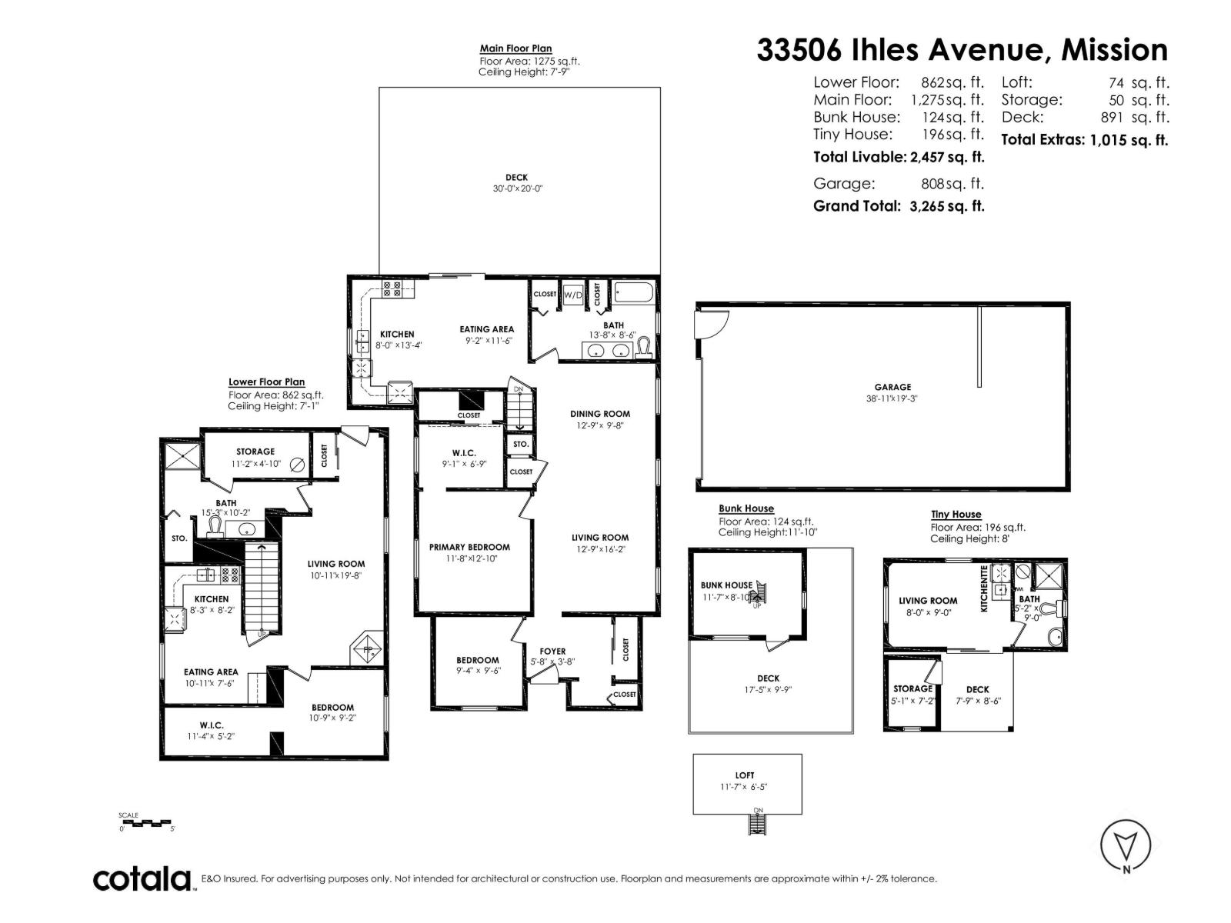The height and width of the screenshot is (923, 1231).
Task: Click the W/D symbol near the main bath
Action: point(573,295)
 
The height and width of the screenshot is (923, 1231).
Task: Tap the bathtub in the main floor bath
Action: point(634,294)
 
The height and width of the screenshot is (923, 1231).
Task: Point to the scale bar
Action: point(146,823)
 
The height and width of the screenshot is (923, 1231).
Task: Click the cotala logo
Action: point(142,878)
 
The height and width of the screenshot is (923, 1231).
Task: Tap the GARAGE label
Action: point(892,388)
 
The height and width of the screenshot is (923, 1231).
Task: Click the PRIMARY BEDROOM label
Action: point(469,548)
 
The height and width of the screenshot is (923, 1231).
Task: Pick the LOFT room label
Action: point(745,775)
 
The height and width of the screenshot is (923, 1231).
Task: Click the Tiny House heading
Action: point(956,515)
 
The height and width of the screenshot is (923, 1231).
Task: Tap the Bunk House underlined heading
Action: point(746,508)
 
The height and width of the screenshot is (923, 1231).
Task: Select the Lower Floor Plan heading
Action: point(266,382)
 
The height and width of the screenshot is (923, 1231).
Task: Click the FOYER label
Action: point(552,651)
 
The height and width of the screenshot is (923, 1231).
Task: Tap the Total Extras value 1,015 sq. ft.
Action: point(1129,140)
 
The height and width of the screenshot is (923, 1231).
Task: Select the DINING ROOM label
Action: point(600,414)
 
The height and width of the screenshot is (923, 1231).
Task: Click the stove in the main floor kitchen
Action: point(392,289)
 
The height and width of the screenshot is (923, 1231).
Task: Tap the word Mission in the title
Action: point(1114,50)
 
